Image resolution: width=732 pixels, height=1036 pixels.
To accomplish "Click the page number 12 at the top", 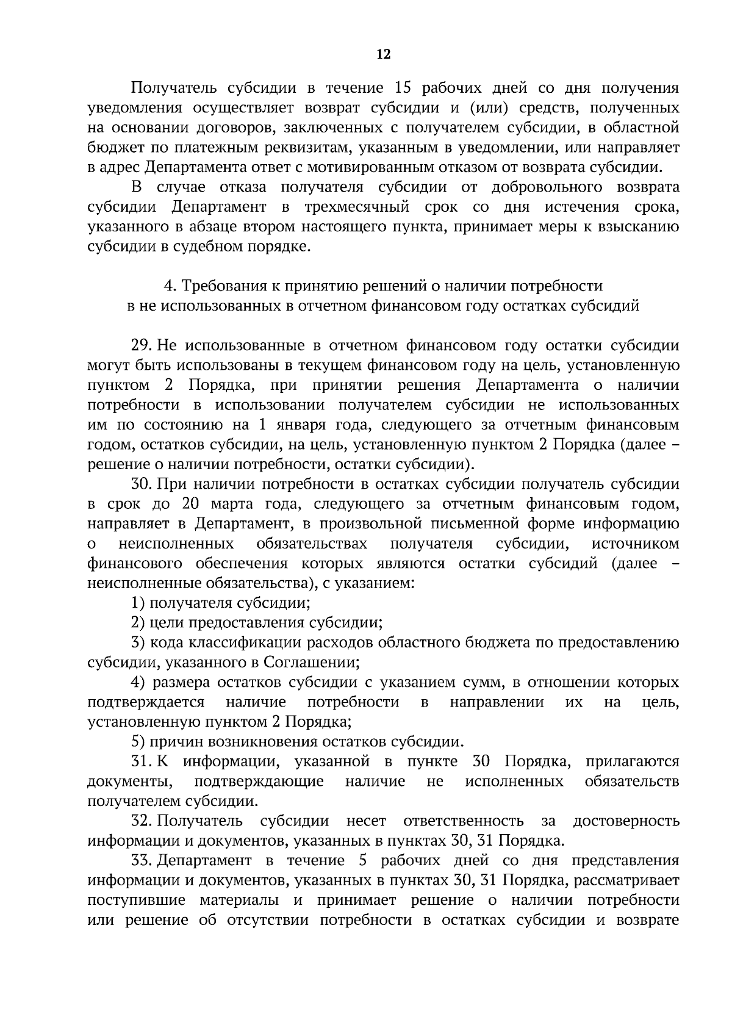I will pos(383,55).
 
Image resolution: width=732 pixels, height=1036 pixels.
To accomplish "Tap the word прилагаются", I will pos(632,762).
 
